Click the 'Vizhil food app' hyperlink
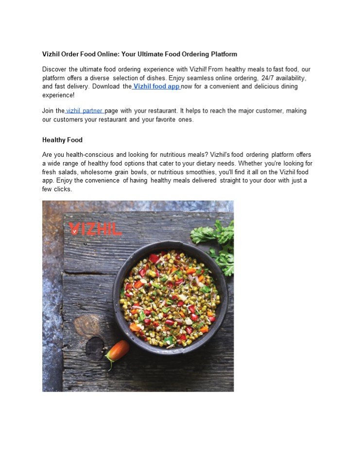tap(156, 87)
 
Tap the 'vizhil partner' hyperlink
tap(84, 111)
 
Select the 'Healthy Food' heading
tap(62, 140)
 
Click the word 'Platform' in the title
tap(221, 54)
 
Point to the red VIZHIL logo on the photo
tap(95, 229)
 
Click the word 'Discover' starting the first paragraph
tap(54, 70)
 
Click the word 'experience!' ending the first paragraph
tap(58, 96)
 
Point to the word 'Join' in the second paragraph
tap(48, 111)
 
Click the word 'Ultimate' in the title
tap(148, 54)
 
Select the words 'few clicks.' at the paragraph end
tap(57, 189)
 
